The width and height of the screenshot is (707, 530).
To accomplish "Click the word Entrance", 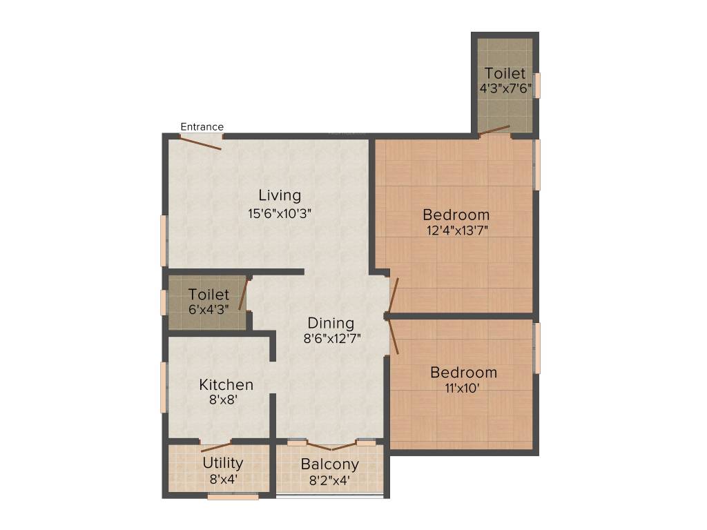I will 202,127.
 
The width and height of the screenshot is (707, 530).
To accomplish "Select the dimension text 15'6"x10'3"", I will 280,213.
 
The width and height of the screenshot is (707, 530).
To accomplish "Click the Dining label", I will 331,323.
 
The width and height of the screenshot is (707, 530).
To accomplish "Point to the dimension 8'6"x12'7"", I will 332,339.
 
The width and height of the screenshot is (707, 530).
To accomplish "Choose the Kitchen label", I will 226,384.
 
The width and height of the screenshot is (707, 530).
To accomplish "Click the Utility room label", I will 222,462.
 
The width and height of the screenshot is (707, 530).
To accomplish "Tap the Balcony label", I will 329,464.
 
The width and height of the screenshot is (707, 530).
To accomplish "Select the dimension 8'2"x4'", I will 329,480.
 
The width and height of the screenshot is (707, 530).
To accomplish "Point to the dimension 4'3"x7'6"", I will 505,88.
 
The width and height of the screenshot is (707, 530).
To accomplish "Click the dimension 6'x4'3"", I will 209,310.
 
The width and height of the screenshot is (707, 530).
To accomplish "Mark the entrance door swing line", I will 201,143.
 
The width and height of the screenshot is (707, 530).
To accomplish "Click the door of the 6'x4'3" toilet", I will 243,295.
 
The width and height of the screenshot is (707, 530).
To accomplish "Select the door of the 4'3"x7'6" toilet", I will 495,129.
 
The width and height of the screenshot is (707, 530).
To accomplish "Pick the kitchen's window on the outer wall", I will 164,387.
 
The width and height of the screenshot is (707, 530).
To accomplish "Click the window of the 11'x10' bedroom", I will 537,349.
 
